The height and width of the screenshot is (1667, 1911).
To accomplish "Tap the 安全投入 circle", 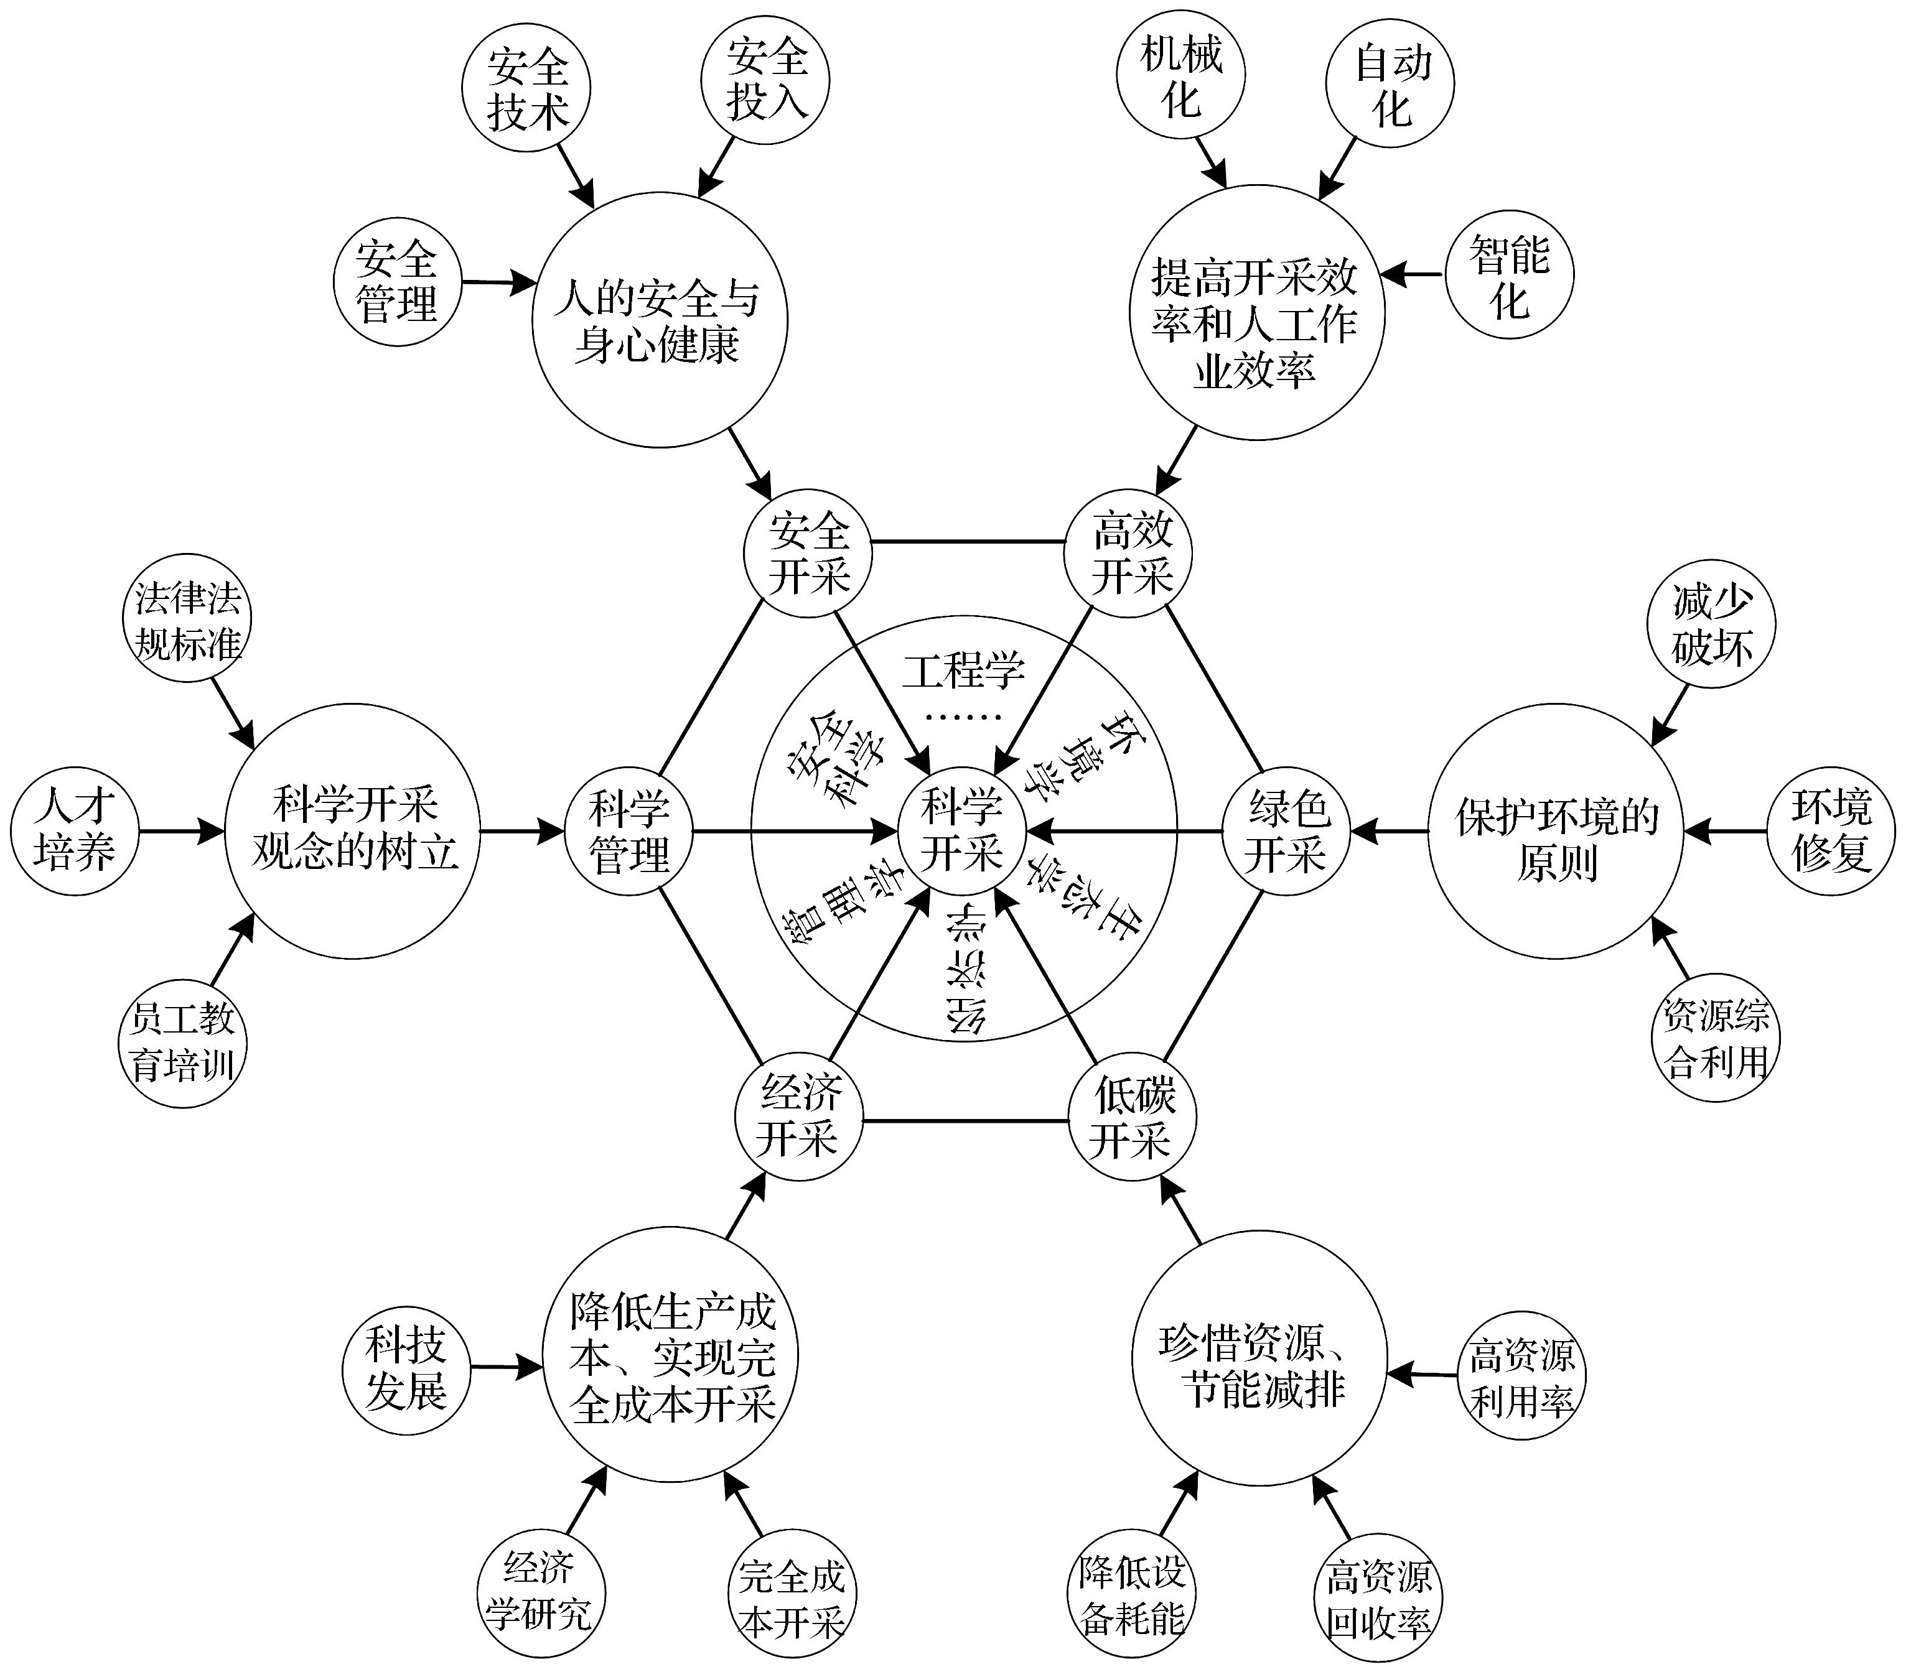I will tap(765, 80).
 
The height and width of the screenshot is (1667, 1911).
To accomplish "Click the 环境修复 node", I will tap(1830, 831).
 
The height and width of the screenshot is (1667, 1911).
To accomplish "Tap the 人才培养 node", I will tap(75, 831).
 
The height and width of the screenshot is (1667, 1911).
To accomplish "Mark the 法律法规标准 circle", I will tap(187, 621).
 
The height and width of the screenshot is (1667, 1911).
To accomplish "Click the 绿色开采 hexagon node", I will tap(1287, 831).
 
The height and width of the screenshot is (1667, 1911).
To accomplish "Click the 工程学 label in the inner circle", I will tap(963, 671).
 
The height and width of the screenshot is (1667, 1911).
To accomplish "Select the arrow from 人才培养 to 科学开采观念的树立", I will tap(182, 831).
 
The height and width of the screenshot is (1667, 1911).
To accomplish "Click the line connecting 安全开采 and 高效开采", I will tap(968, 541).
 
